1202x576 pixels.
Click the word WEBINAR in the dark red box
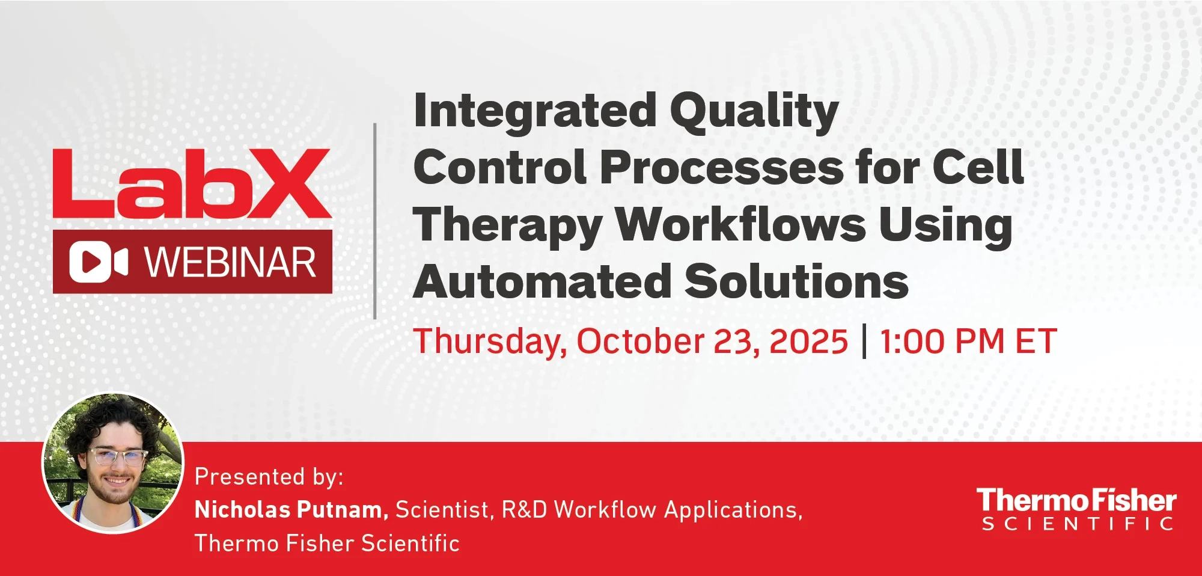click(x=230, y=263)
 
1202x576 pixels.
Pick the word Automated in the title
click(x=542, y=281)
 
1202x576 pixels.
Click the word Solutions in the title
click(x=797, y=281)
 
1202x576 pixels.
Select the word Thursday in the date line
click(x=489, y=342)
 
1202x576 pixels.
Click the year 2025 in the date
click(x=808, y=342)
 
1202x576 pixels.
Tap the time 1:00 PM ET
click(x=968, y=342)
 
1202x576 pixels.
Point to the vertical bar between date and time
click(x=864, y=342)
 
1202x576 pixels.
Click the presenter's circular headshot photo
click(x=113, y=463)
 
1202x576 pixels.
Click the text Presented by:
click(x=269, y=477)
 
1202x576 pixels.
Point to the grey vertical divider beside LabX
click(x=375, y=221)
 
